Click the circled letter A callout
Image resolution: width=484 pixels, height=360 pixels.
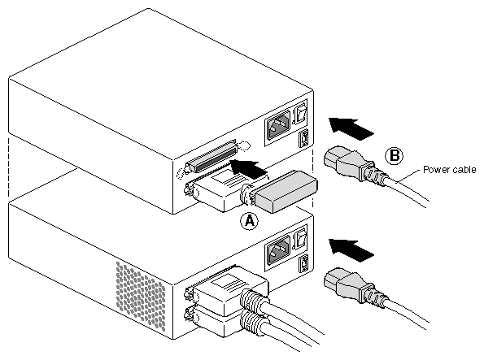(x=250, y=221)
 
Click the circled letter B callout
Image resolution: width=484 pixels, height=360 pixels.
(x=395, y=155)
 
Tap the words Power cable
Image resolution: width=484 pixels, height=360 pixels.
(x=449, y=170)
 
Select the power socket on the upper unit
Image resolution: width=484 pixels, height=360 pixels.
(x=278, y=125)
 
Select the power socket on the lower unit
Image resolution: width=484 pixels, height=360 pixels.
(x=278, y=249)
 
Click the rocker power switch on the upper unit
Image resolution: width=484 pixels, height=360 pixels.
(x=301, y=113)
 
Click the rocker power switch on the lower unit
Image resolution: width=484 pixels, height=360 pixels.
(x=301, y=237)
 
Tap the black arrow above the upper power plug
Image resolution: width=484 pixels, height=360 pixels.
(x=351, y=127)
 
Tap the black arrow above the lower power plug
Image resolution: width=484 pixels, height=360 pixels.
(x=351, y=249)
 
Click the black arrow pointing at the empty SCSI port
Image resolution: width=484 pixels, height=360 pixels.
(x=248, y=169)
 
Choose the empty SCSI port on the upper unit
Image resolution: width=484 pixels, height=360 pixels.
(x=214, y=156)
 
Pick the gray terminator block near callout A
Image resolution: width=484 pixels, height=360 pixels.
(x=286, y=191)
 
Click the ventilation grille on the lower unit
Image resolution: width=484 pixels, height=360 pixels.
(x=141, y=296)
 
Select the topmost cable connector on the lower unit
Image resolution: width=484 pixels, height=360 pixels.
(x=227, y=290)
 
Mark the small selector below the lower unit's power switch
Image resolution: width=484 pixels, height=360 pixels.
(x=303, y=264)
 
